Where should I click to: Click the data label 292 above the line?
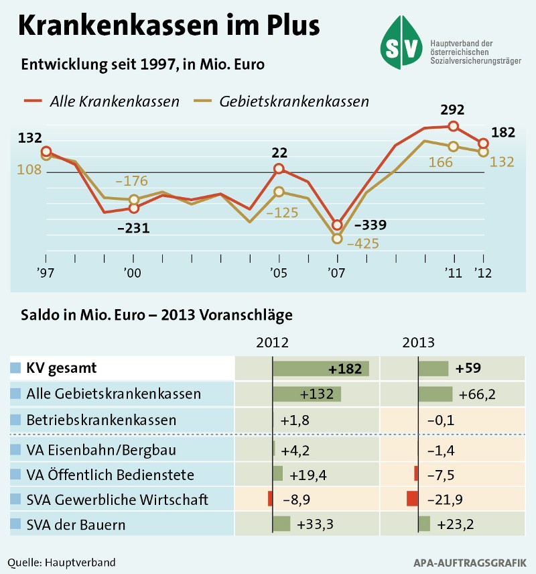tap(452, 110)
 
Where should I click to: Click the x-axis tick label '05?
tap(279, 273)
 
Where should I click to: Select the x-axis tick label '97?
tap(46, 273)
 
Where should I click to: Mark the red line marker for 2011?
tap(454, 126)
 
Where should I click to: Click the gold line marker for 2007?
tap(337, 238)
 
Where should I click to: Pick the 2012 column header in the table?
tap(273, 342)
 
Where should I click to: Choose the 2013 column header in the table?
tap(418, 342)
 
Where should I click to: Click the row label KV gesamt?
tap(62, 368)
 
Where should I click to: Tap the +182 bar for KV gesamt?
tap(321, 368)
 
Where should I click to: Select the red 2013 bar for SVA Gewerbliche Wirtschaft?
tap(412, 499)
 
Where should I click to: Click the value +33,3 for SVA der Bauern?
tap(316, 524)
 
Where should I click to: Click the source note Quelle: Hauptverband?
tap(62, 561)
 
